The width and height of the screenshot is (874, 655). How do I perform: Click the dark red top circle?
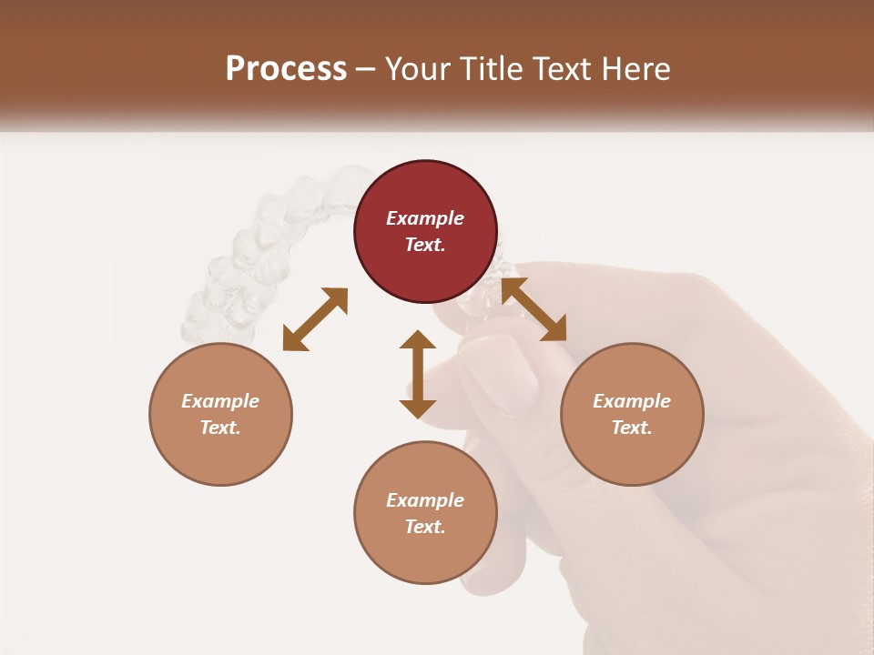coord(425,231)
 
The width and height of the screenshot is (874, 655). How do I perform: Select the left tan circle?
coord(220,414)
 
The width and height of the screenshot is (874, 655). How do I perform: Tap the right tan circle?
coord(632,414)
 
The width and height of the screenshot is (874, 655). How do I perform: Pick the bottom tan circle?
coord(425,513)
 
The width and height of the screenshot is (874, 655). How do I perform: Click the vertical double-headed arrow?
coord(418,374)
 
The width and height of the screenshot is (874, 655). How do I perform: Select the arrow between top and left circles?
coord(315,319)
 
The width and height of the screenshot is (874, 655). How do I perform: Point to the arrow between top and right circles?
coord(534,309)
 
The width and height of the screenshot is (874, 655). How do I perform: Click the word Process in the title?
coord(286,68)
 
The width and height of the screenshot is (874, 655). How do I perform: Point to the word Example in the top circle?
coord(425,218)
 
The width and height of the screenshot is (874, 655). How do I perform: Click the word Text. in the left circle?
coord(220,428)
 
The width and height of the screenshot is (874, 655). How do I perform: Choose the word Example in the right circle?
coord(632,401)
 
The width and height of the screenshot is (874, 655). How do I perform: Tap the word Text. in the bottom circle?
coord(425,527)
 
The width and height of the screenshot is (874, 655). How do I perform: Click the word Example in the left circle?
coord(220,401)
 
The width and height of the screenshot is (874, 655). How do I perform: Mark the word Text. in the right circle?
coord(632,428)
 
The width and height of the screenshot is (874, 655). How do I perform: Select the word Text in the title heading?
coord(564,68)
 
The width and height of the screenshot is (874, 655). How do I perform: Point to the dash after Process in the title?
coord(366,69)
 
